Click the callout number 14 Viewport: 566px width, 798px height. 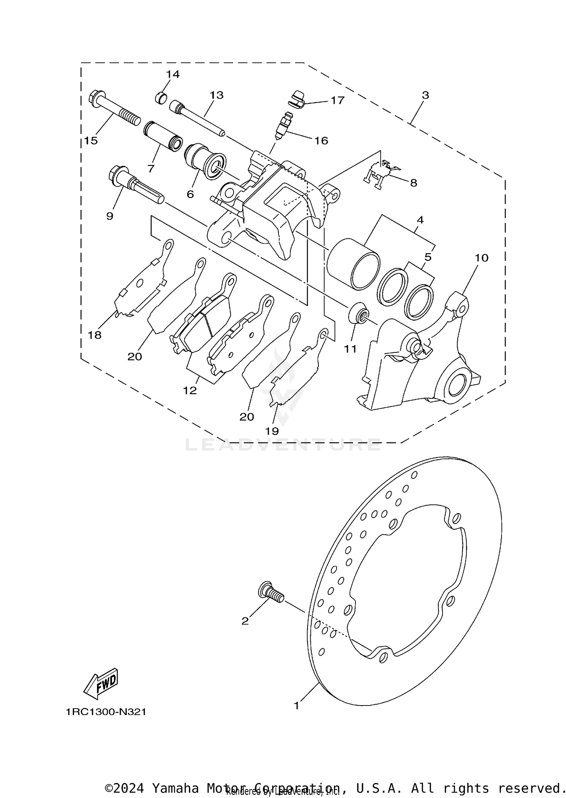click(x=173, y=74)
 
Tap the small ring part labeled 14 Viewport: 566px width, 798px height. click(x=161, y=98)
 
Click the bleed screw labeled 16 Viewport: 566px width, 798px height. click(x=283, y=126)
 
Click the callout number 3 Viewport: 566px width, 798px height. click(x=425, y=95)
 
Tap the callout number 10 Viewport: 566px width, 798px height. click(x=481, y=258)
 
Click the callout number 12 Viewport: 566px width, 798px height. click(x=190, y=391)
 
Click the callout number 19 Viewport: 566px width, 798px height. click(x=272, y=431)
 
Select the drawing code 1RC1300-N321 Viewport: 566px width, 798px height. click(x=106, y=712)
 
